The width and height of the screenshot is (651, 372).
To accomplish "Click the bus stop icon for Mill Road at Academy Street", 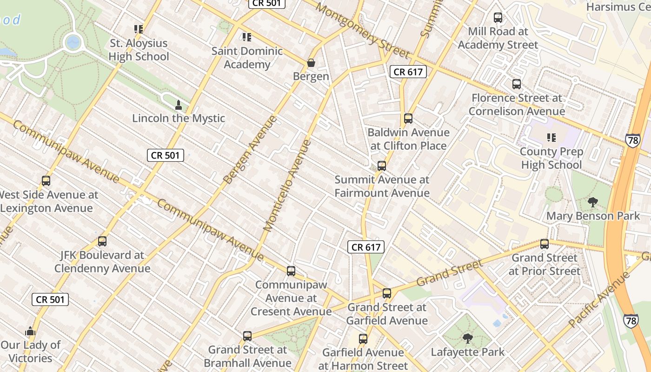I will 498,18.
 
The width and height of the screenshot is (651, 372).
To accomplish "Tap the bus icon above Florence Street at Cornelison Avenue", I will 517,84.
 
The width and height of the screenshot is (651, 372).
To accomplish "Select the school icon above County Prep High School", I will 551,138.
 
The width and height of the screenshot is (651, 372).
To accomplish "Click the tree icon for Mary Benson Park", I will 593,202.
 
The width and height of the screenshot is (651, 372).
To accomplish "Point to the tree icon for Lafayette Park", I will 468,339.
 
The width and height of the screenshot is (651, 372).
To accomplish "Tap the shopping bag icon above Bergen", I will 311,62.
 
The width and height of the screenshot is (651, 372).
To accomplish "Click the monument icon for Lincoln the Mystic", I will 178,105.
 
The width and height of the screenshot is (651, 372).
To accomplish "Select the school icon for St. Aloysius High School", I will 139,29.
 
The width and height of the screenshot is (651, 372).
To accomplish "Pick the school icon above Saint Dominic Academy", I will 247,37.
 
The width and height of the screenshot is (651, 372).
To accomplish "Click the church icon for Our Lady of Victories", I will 31,331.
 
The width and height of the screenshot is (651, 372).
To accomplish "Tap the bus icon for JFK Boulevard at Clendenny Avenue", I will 102,241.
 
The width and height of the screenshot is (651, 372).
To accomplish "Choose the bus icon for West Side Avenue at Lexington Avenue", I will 46,181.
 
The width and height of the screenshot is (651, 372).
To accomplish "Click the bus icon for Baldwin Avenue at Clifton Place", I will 408,119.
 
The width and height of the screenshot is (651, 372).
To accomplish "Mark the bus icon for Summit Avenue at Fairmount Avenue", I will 382,166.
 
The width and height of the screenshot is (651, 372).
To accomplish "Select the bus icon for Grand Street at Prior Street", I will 545,244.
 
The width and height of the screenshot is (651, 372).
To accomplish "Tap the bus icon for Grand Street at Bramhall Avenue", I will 247,336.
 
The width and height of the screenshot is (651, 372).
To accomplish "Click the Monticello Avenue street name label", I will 287,186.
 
